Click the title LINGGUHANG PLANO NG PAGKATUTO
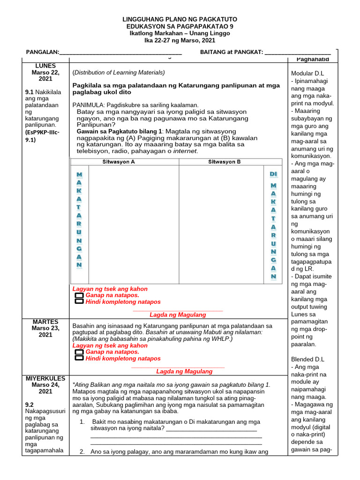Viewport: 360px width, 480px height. tap(180, 19)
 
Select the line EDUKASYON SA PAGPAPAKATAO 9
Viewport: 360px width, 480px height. tap(180, 26)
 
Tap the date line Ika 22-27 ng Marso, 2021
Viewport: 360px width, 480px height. tap(180, 41)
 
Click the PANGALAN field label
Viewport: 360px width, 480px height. tap(42, 52)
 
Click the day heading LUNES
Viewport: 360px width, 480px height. tap(45, 66)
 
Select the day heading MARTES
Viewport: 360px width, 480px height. tap(45, 322)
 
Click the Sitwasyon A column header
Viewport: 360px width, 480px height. tap(119, 162)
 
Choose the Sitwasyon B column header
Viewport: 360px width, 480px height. tap(225, 162)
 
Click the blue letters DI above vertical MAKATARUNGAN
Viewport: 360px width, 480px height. tap(273, 174)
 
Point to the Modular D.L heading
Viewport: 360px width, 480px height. tap(307, 74)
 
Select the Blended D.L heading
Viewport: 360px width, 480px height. tap(307, 359)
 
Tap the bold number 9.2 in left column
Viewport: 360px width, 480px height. tap(30, 404)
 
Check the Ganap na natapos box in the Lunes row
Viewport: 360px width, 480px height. tap(79, 296)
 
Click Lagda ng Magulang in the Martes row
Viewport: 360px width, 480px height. tap(184, 371)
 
